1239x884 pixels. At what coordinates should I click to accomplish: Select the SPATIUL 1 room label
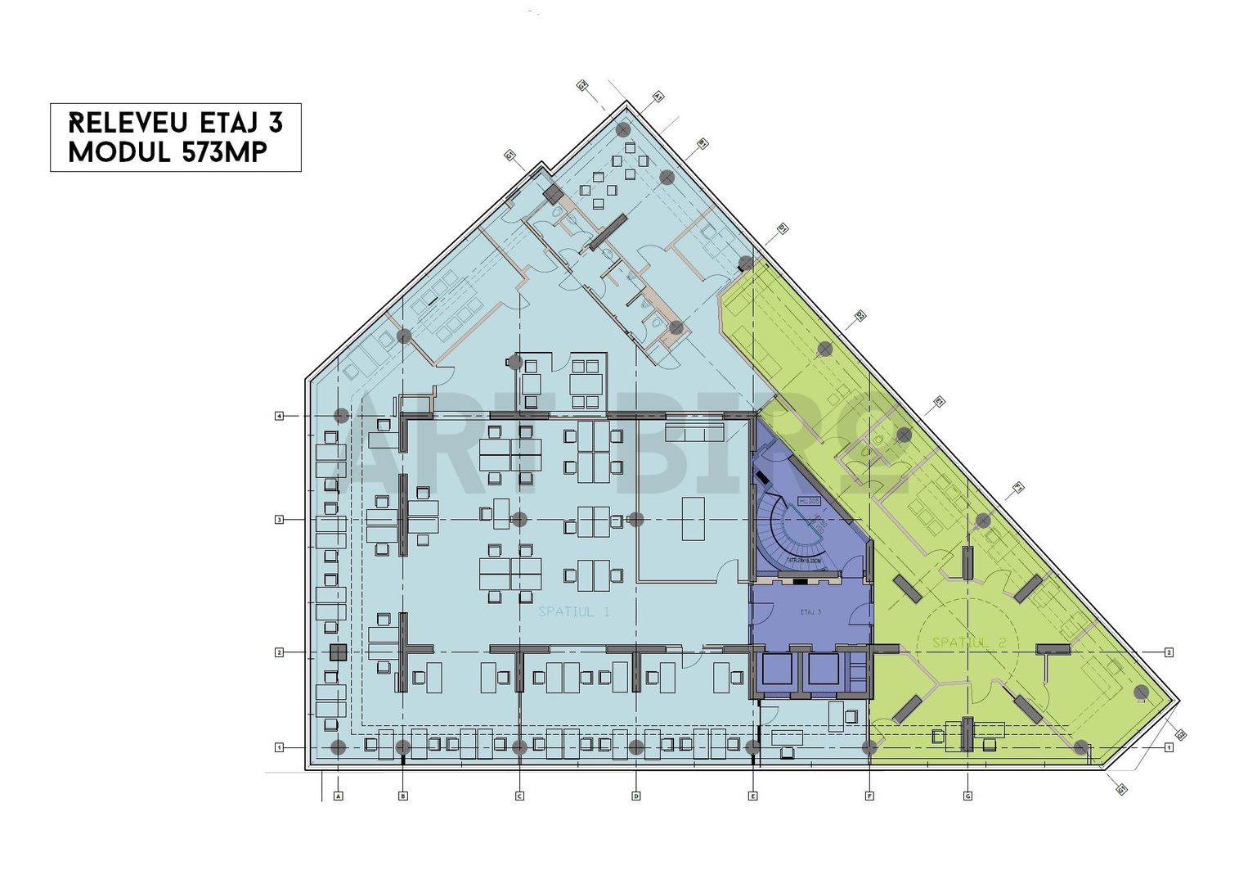[574, 611]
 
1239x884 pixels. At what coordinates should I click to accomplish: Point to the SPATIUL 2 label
[970, 643]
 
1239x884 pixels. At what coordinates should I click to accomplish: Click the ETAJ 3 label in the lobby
[810, 611]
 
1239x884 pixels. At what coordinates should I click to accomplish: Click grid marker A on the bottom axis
[339, 796]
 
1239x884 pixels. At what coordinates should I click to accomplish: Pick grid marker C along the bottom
[519, 796]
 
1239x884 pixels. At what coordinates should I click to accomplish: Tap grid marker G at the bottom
[967, 796]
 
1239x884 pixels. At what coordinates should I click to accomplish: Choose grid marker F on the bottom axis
[869, 796]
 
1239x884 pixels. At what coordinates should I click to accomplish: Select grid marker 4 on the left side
[279, 417]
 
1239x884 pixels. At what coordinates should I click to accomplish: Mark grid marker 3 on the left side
[279, 520]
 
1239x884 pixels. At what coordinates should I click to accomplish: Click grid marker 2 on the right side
[1169, 652]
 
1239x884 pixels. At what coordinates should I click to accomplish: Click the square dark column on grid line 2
[338, 652]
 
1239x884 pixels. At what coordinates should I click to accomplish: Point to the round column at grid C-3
[519, 519]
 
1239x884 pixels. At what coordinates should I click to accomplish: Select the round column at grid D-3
[636, 519]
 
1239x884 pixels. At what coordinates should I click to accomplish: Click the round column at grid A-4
[342, 416]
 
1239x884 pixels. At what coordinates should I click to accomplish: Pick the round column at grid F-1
[869, 746]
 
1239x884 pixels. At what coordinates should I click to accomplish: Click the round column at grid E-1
[752, 746]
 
